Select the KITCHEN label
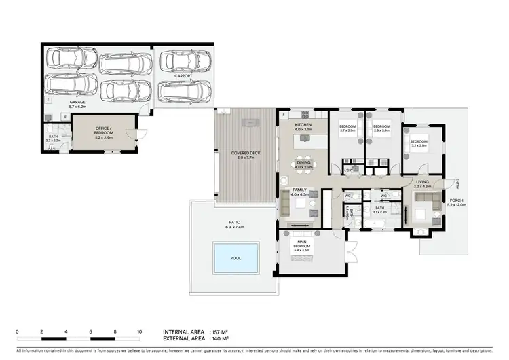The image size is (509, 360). [303, 126]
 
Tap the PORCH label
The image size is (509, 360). [457, 200]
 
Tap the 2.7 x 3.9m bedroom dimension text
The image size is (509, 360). [347, 130]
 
